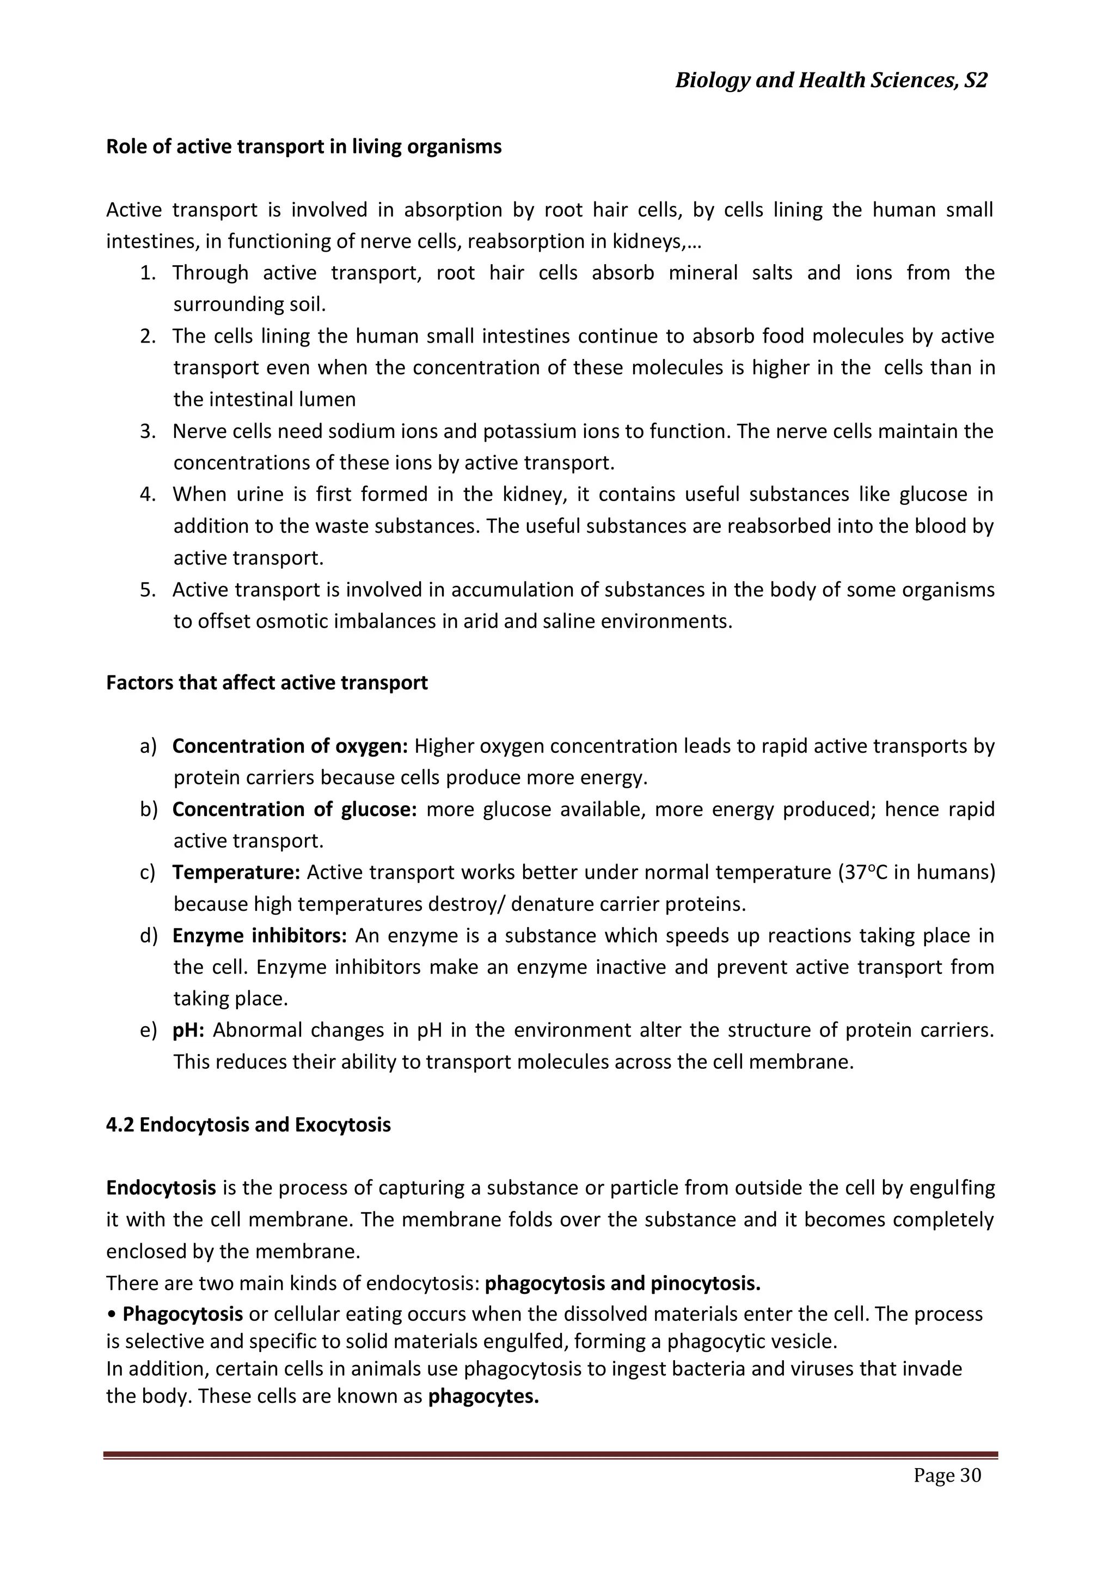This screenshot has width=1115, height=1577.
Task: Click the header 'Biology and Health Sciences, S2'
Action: [831, 81]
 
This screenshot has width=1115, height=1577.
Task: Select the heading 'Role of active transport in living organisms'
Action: [303, 147]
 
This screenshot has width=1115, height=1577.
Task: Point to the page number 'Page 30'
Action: [947, 1475]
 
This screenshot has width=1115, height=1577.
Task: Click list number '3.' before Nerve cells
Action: [148, 431]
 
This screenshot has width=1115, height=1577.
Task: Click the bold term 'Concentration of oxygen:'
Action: [290, 746]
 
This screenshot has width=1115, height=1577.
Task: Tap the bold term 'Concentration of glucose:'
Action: [294, 809]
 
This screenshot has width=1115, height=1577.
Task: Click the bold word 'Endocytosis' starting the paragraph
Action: [161, 1188]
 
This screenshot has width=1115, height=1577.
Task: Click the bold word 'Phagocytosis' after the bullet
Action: [182, 1314]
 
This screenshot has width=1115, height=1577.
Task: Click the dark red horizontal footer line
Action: [550, 1455]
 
